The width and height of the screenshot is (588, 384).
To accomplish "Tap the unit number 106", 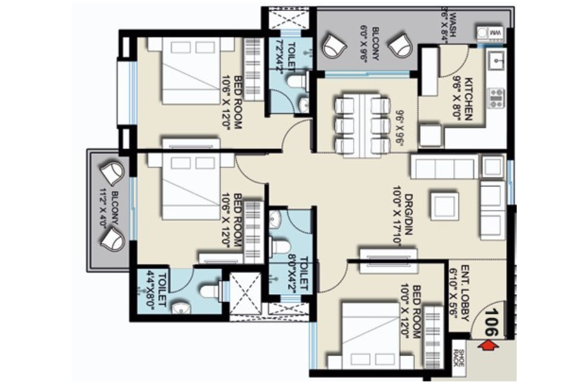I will coord(490,322).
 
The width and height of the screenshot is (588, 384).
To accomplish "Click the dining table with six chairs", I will coord(362,123).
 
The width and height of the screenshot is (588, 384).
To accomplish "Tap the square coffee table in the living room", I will coord(444,205).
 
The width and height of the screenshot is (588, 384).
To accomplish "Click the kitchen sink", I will coord(495,60).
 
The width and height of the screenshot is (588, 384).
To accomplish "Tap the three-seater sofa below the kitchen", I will coord(443,167).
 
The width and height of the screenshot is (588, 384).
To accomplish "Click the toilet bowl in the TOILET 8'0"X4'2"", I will coord(280,245).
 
